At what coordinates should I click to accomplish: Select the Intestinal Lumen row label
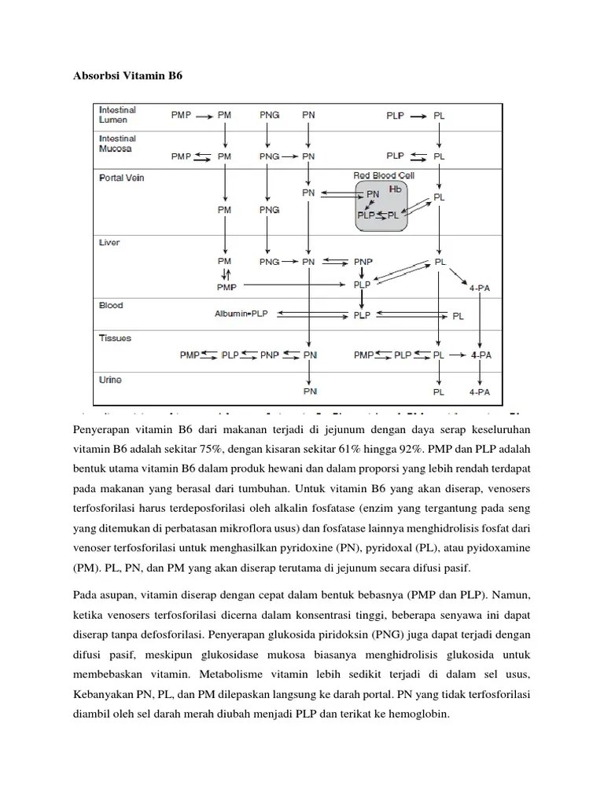116,114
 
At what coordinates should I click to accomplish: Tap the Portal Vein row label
121,178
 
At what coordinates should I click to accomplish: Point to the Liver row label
109,242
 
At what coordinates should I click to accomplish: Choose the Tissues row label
115,338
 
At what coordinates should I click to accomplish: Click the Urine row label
110,380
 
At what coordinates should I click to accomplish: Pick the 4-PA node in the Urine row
481,391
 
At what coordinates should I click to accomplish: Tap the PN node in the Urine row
310,391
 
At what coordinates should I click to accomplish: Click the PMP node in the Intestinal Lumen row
181,115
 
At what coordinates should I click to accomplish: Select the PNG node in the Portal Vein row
269,210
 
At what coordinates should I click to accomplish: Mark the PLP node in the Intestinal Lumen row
396,115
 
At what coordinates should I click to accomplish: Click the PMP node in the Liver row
226,288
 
